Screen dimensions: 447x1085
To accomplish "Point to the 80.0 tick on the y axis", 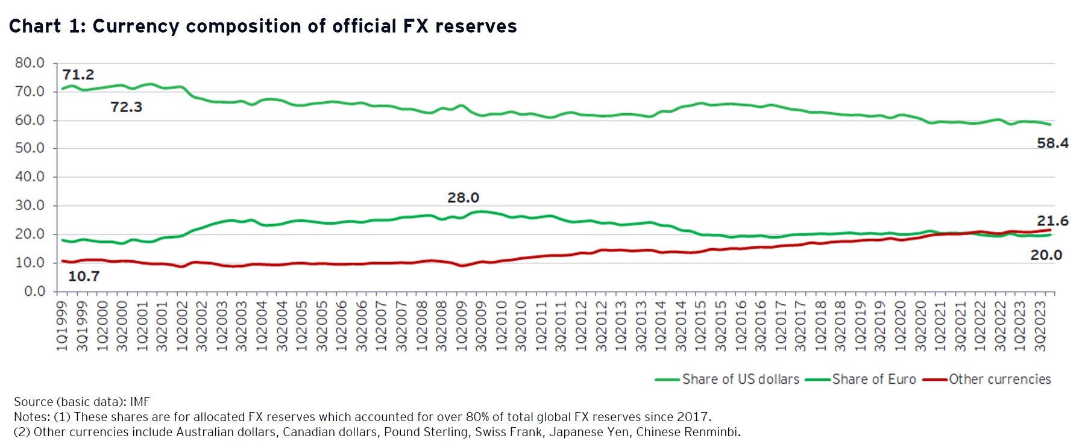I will coord(30,63).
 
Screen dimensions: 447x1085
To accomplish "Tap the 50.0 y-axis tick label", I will coord(30,148).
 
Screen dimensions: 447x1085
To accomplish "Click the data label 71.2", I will coord(78,75).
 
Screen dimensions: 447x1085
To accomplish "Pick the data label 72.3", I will coord(127,107).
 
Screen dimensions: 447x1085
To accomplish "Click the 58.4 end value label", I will coord(1052,143).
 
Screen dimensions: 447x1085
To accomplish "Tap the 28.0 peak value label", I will coord(463,198).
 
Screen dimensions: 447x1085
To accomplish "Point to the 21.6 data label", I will coord(1052,221).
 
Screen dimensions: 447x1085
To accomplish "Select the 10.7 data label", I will coord(84,277).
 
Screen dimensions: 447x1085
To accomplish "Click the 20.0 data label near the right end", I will coord(1046,255).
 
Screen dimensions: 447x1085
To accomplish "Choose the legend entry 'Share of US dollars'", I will coord(740,380).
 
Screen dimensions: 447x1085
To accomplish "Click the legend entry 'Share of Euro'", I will coord(873,380).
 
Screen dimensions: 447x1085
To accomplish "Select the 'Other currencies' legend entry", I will coord(999,380).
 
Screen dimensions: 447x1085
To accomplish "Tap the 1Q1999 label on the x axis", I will coord(62,322).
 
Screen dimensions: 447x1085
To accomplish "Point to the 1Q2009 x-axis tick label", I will coord(461,322).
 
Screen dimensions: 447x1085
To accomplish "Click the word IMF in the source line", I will coord(140,402).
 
